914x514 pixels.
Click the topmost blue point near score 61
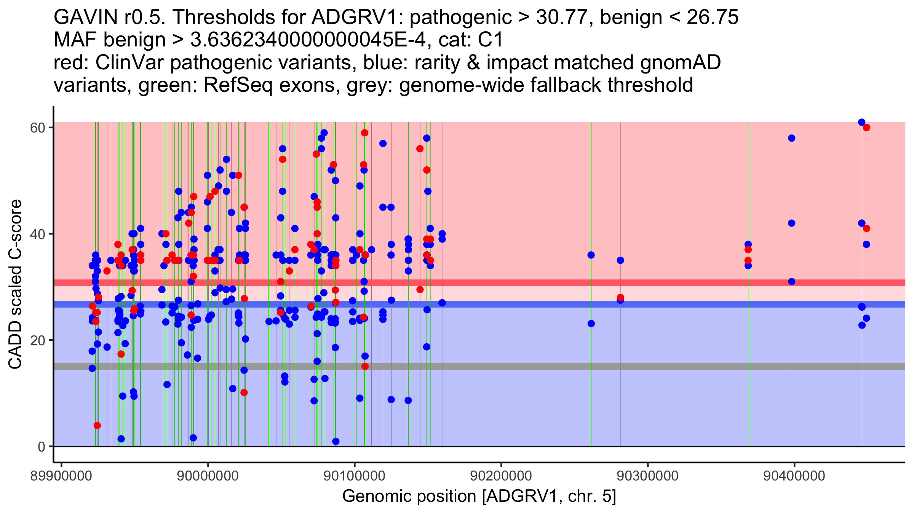point(861,122)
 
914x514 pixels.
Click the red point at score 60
point(866,128)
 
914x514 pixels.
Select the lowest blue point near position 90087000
point(336,441)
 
